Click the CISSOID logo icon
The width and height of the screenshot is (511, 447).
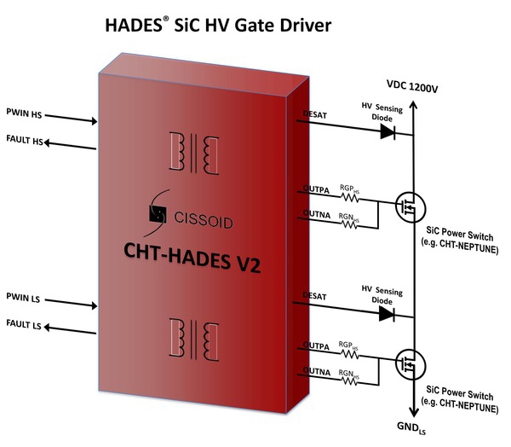click(x=158, y=217)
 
